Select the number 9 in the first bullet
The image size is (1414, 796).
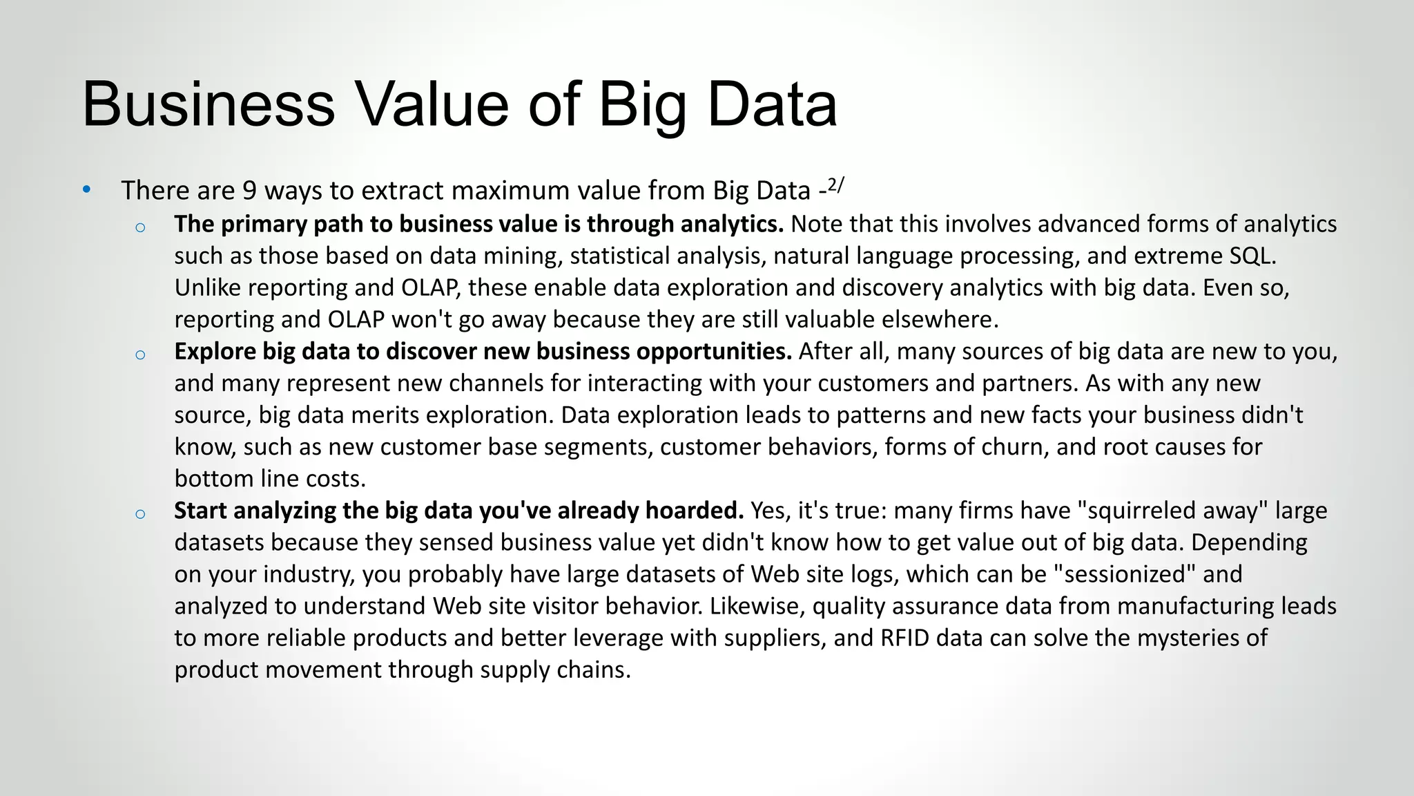click(x=249, y=191)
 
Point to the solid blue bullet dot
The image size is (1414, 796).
click(x=86, y=190)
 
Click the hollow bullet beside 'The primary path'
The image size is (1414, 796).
click(x=140, y=227)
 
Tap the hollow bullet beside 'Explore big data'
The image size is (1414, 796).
click(x=140, y=355)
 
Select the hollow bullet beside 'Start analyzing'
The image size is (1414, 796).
click(x=140, y=514)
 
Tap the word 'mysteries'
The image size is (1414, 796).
click(x=1188, y=638)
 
